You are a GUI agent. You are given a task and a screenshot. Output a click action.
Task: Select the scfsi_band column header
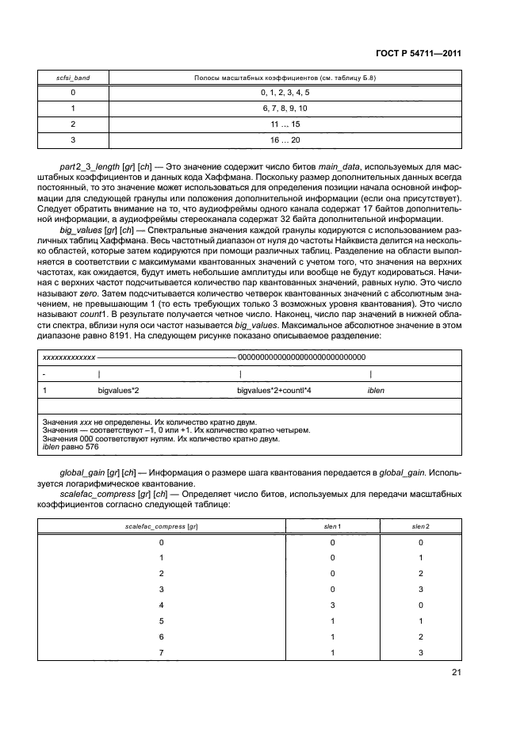click(72, 77)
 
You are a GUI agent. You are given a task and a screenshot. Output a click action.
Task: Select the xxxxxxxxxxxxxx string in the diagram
click(68, 357)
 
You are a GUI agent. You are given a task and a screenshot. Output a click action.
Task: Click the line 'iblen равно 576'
click(70, 448)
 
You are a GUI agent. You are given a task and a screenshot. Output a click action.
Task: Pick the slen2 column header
click(420, 526)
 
